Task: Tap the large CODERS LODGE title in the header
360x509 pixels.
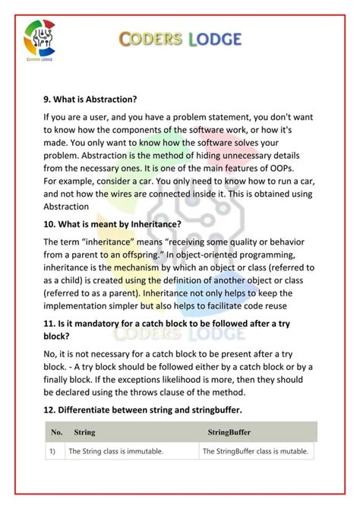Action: coord(182,39)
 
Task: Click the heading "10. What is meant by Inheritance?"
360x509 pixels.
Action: coord(112,224)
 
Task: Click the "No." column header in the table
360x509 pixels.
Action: coord(56,432)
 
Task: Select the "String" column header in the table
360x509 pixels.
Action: coord(84,432)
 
